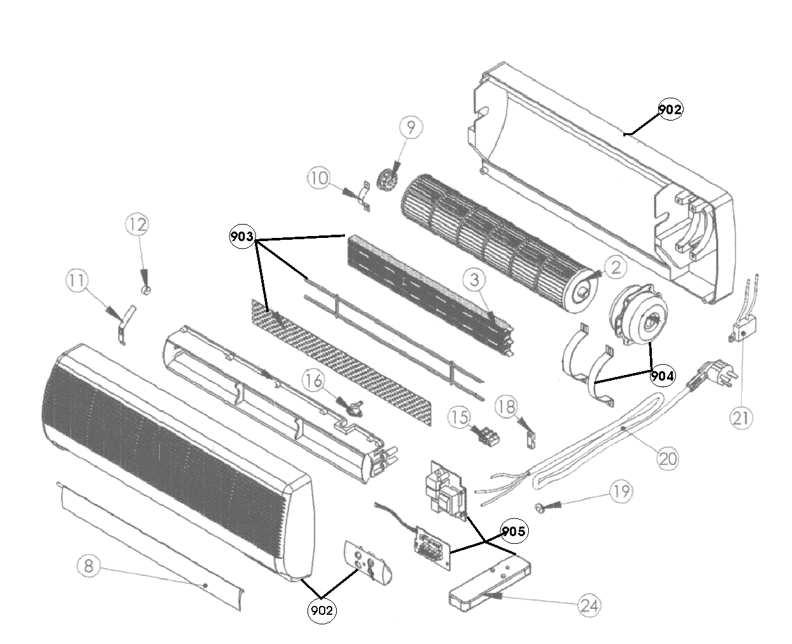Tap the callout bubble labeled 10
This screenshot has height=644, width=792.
(319, 178)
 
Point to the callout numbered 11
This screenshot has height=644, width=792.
(77, 281)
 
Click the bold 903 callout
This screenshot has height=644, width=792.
(242, 237)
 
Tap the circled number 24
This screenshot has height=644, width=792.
(589, 605)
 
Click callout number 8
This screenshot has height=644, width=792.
(89, 566)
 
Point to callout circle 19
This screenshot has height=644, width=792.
(621, 490)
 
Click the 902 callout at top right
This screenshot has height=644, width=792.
(670, 109)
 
